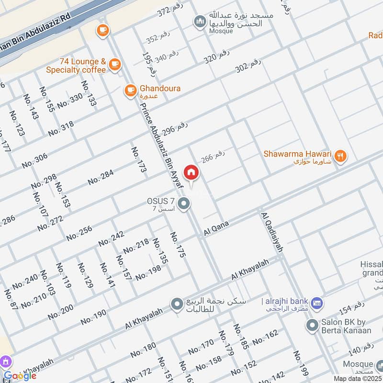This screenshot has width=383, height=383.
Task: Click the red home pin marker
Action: [191, 172]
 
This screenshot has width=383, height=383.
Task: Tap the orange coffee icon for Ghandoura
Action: [130, 90]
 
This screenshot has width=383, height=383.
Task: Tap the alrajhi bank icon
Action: [316, 304]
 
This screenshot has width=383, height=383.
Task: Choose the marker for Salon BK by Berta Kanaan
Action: [313, 326]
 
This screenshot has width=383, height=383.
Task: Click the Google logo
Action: [20, 376]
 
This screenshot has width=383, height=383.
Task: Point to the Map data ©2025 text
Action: [357, 379]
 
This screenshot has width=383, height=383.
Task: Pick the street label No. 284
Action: [101, 177]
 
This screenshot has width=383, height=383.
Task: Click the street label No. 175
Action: [177, 245]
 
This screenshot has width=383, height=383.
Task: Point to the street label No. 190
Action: [93, 317]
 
